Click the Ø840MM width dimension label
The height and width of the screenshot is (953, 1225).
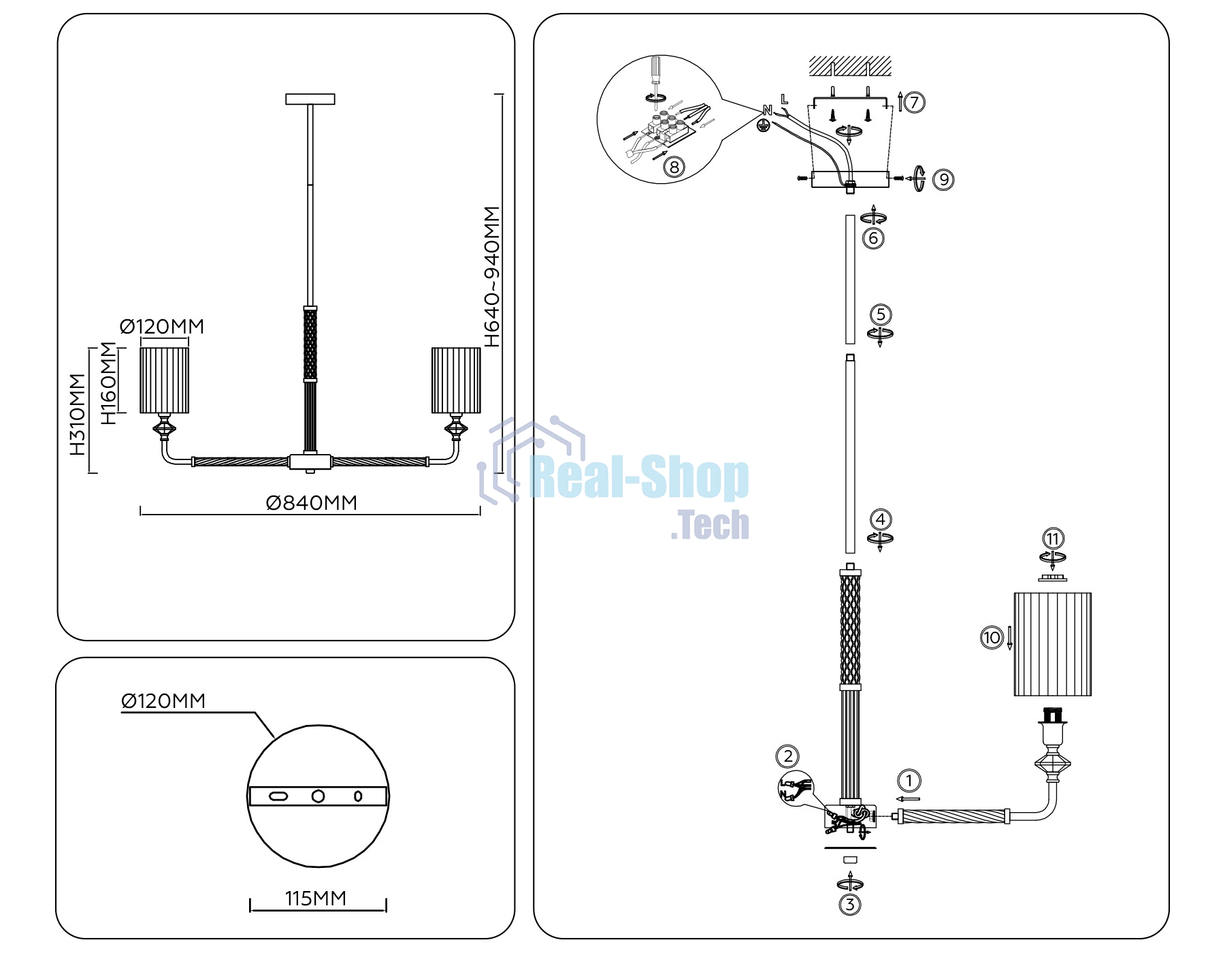pyautogui.click(x=312, y=503)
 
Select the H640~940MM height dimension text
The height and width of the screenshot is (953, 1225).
pyautogui.click(x=492, y=277)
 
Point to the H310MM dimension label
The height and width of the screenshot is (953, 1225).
pyautogui.click(x=78, y=415)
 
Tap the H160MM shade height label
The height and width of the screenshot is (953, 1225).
pyautogui.click(x=109, y=383)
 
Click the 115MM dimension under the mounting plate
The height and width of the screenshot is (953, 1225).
pyautogui.click(x=316, y=899)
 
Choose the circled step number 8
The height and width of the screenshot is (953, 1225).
pyautogui.click(x=674, y=167)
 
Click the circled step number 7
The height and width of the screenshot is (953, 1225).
pyautogui.click(x=914, y=103)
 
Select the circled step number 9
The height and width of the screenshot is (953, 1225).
pyautogui.click(x=943, y=180)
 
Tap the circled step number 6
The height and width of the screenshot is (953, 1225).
pyautogui.click(x=873, y=238)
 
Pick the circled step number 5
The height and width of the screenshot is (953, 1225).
pyautogui.click(x=881, y=314)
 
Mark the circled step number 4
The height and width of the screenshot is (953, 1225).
pyautogui.click(x=881, y=519)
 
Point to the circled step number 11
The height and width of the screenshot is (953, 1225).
pyautogui.click(x=1053, y=539)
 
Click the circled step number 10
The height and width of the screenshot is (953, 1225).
pyautogui.click(x=992, y=638)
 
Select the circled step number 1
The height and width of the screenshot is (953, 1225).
pyautogui.click(x=909, y=781)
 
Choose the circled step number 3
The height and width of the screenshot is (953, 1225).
pyautogui.click(x=850, y=905)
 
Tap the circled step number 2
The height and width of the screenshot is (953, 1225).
pyautogui.click(x=788, y=756)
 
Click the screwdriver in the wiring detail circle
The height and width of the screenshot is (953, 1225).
pyautogui.click(x=655, y=75)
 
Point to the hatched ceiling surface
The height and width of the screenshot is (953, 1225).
pyautogui.click(x=850, y=67)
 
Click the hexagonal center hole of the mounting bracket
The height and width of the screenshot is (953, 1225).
pyautogui.click(x=318, y=796)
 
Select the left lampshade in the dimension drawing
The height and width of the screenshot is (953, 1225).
pyautogui.click(x=164, y=381)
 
